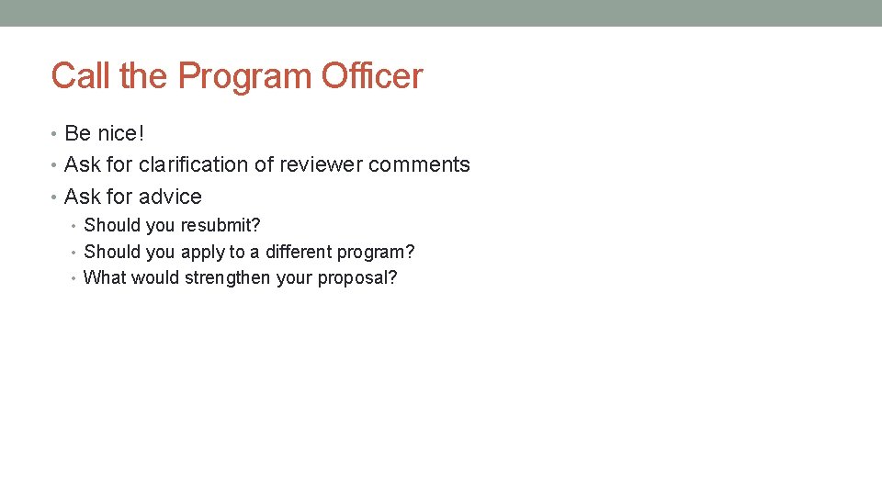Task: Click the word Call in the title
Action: click(x=82, y=76)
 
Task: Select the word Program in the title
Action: click(x=245, y=76)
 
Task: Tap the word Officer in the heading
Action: click(x=372, y=76)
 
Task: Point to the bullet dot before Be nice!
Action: click(x=55, y=134)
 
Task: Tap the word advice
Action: click(x=172, y=197)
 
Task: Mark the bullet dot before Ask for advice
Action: click(x=55, y=197)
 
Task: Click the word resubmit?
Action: click(x=220, y=226)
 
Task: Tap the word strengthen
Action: click(x=227, y=278)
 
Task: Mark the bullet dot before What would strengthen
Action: click(x=75, y=278)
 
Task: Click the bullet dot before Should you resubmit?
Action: click(x=75, y=226)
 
